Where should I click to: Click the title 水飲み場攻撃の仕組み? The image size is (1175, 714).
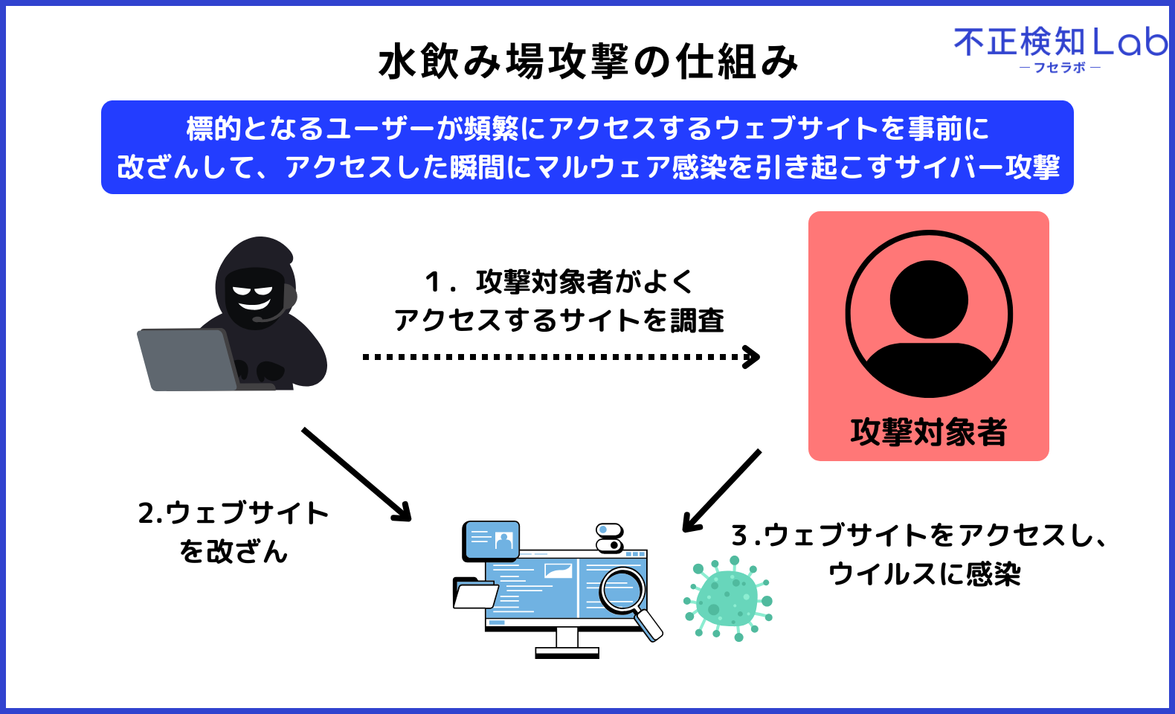coord(587,61)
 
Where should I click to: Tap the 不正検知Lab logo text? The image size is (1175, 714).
coord(1060,42)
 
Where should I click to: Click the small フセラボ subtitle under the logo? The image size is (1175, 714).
coord(1060,68)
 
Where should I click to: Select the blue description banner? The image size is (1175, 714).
coord(587,147)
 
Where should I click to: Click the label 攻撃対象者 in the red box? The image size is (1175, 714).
coord(928,432)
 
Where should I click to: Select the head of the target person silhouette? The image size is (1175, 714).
coord(929,299)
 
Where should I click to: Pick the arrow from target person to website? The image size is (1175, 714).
coord(721,491)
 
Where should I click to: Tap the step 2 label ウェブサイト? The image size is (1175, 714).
coord(234,513)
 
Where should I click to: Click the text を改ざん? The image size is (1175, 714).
coord(234,552)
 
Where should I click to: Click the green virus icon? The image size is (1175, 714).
coord(728,599)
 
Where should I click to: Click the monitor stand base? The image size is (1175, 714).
coord(567,653)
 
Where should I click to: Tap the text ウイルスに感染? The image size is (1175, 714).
coord(924,574)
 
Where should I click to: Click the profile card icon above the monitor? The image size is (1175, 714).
coord(491,539)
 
